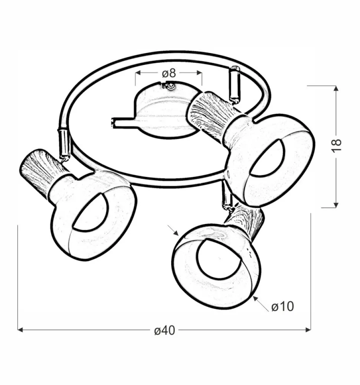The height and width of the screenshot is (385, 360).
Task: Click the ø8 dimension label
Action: click(x=169, y=73)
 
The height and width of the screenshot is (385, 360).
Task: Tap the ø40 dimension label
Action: click(x=164, y=330)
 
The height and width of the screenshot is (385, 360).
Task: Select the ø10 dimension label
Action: click(x=282, y=306)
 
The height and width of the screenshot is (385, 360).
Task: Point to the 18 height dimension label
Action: click(x=337, y=146)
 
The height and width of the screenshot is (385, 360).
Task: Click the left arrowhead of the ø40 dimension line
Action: click(x=20, y=330)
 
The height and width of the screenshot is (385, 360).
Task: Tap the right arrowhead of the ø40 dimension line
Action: click(x=308, y=330)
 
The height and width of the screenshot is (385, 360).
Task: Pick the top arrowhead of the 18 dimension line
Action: click(x=336, y=88)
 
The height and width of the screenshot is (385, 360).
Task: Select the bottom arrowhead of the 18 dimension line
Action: click(x=336, y=205)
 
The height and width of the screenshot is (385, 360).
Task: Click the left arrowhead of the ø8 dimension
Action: click(x=138, y=73)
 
